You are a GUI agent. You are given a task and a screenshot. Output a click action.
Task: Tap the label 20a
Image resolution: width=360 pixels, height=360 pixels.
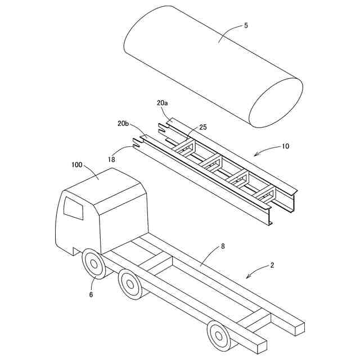pyautogui.click(x=162, y=103)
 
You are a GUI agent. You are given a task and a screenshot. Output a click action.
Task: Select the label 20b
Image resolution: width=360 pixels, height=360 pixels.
pyautogui.click(x=123, y=123)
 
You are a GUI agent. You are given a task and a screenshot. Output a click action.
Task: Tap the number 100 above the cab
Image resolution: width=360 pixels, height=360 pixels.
pyautogui.click(x=76, y=165)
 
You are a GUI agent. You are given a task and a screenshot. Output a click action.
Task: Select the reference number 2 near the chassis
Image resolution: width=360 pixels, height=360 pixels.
pyautogui.click(x=272, y=264)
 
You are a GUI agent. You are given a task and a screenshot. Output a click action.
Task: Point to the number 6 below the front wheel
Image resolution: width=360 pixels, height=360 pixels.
pyautogui.click(x=91, y=294)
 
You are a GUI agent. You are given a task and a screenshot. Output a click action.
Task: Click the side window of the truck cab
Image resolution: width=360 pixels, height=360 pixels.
pyautogui.click(x=73, y=208)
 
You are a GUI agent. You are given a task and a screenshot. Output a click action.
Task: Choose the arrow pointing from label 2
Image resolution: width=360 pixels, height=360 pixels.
pyautogui.click(x=255, y=272)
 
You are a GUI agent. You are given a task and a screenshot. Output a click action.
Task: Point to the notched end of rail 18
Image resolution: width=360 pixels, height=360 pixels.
pyautogui.click(x=137, y=143)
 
